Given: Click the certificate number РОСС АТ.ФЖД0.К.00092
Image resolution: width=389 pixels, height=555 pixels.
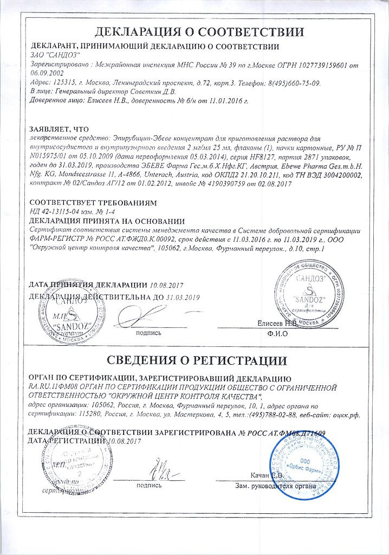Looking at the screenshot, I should pyautogui.click(x=128, y=240).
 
